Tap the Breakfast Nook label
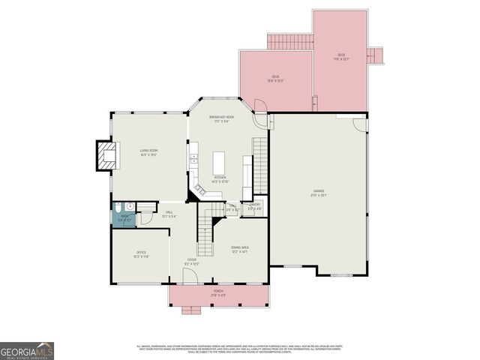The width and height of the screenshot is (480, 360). click(x=222, y=119)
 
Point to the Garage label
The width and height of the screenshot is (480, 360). click(x=319, y=194)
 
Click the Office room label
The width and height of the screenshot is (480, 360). click(x=141, y=254)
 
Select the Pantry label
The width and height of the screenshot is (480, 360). click(x=255, y=206)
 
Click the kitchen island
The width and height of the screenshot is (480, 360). click(x=219, y=162)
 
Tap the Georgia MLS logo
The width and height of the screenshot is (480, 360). click(x=27, y=349)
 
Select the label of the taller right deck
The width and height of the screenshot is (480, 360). click(x=341, y=57)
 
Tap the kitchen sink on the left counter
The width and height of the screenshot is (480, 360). click(x=193, y=158)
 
